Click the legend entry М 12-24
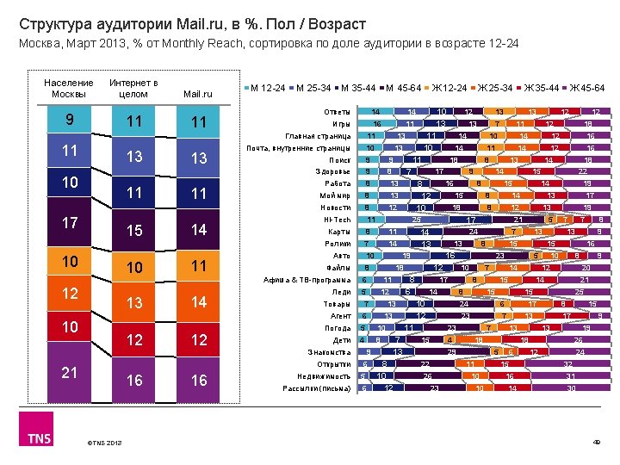(x=265, y=88)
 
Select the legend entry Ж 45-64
(x=585, y=88)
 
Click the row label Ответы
(x=337, y=112)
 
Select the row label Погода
(x=337, y=328)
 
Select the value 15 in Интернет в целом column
(x=133, y=230)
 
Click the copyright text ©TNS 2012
(x=104, y=443)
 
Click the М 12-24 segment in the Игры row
(x=376, y=124)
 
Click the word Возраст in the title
(x=338, y=23)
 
